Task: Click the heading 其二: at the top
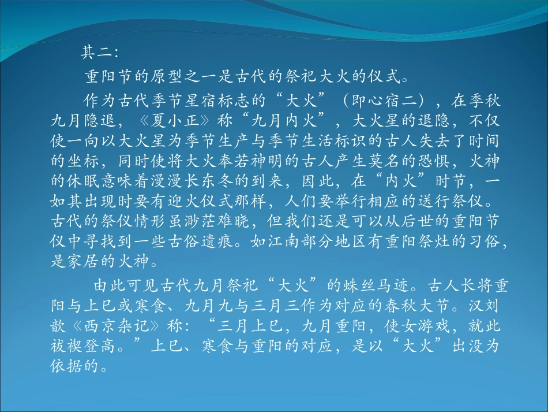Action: pos(99,53)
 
